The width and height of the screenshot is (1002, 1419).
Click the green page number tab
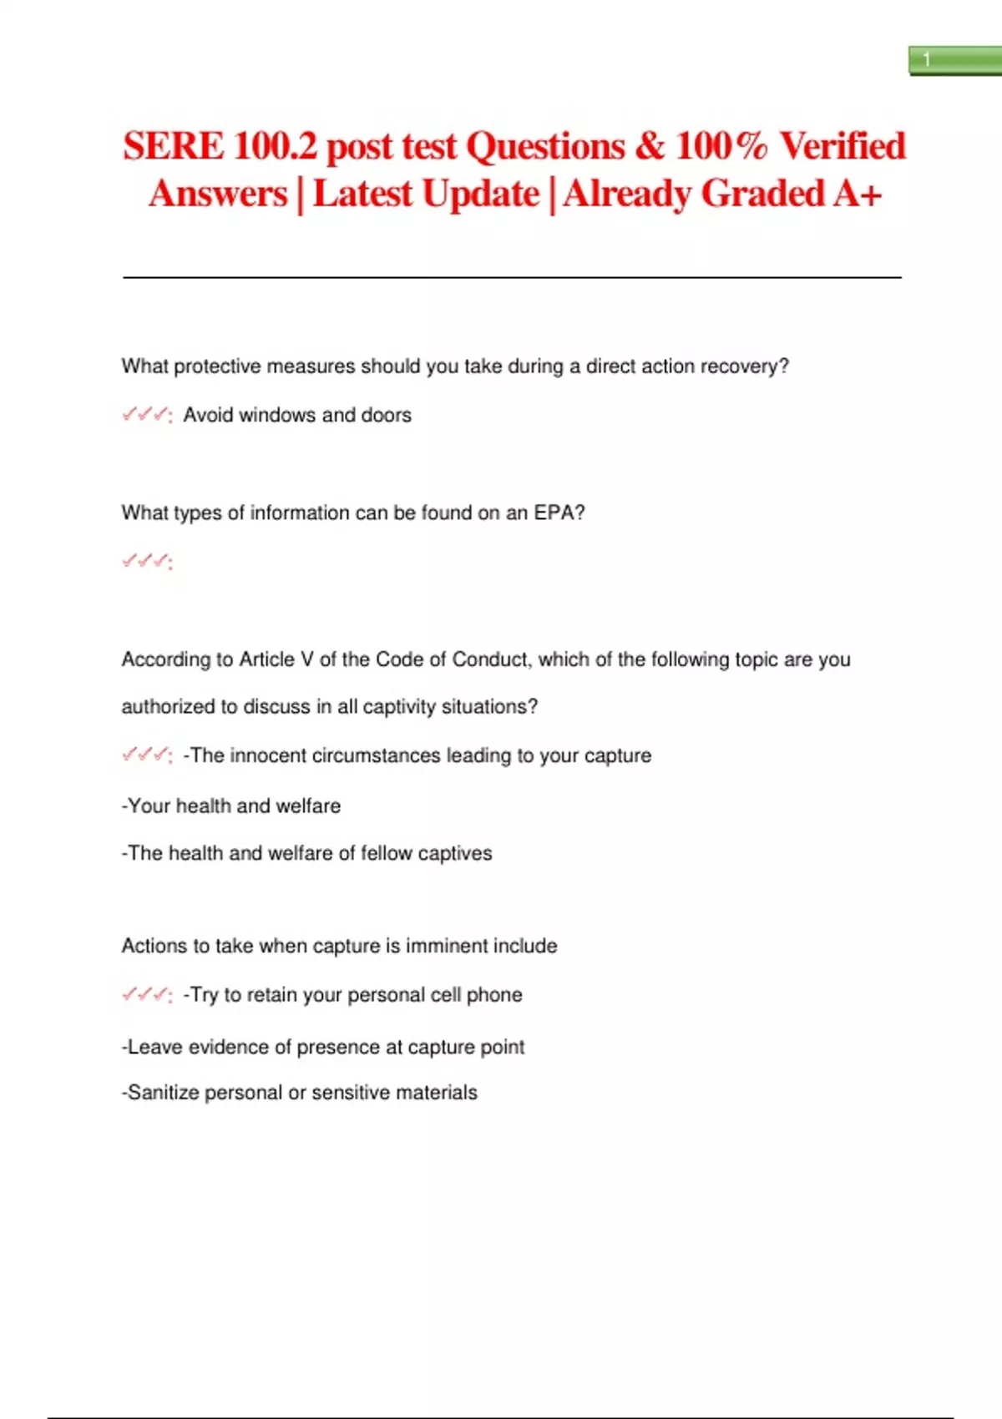tap(954, 60)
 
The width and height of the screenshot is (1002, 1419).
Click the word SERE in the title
tap(173, 146)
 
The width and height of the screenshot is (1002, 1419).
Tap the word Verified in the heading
tap(843, 146)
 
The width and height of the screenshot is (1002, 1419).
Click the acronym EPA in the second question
tap(554, 513)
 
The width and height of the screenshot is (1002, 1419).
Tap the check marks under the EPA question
tap(146, 561)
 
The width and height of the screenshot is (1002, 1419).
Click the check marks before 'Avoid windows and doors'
tap(146, 414)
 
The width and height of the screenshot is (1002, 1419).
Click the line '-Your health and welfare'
tap(231, 805)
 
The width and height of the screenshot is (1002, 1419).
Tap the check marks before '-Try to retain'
tap(146, 994)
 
